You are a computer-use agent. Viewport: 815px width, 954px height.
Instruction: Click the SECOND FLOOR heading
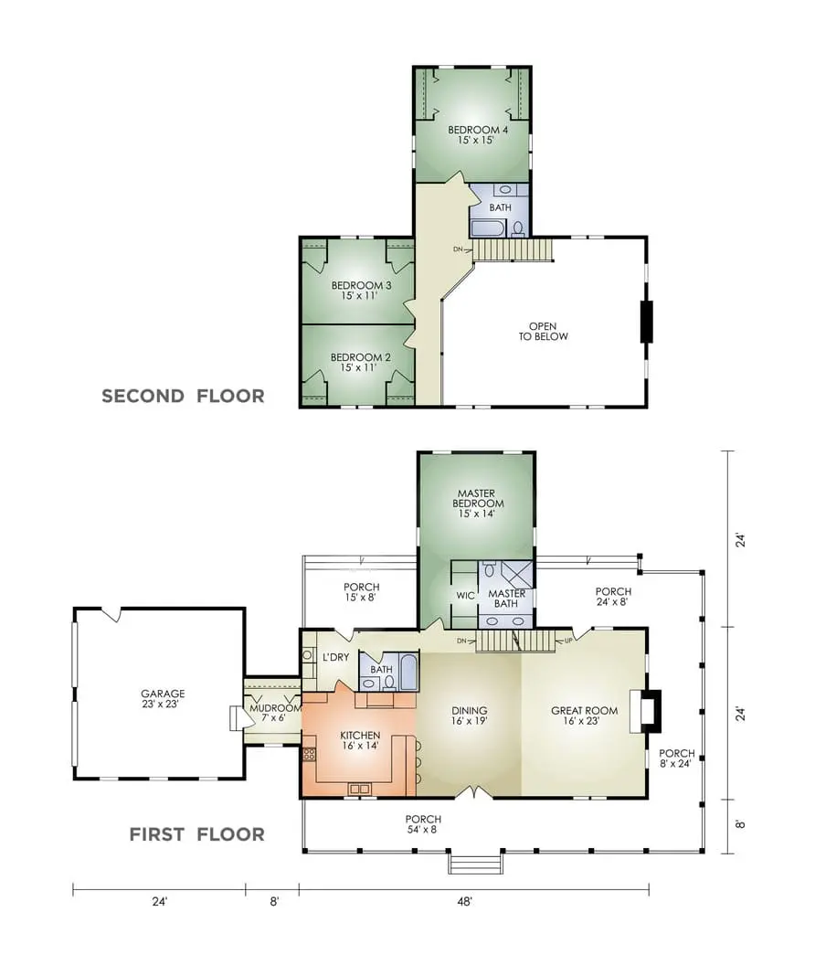(x=183, y=396)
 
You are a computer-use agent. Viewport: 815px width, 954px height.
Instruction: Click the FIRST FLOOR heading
(x=197, y=834)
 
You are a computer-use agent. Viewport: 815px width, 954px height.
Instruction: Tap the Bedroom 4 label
(x=478, y=134)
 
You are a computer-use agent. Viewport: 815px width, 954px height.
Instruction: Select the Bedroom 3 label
(x=361, y=291)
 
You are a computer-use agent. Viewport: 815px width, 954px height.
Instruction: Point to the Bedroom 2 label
(x=360, y=363)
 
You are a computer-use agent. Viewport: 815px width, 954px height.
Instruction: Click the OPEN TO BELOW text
(x=543, y=332)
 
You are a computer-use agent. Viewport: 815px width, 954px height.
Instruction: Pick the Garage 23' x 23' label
(x=163, y=698)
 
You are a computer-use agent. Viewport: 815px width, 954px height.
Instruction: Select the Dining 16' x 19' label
(x=469, y=715)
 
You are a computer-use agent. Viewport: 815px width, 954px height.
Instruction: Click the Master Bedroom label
(x=478, y=503)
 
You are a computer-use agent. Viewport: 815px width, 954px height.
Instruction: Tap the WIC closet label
(x=465, y=596)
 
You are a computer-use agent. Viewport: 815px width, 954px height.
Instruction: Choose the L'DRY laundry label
(x=335, y=657)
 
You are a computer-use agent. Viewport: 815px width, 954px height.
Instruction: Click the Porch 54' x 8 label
(x=423, y=824)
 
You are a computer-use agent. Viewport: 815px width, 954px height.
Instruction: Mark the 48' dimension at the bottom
(x=464, y=902)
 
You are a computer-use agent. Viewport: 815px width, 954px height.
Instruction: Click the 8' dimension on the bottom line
(x=274, y=902)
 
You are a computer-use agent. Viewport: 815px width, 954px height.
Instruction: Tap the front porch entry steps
(x=476, y=864)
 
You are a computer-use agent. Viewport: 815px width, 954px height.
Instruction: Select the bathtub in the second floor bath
(x=488, y=228)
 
